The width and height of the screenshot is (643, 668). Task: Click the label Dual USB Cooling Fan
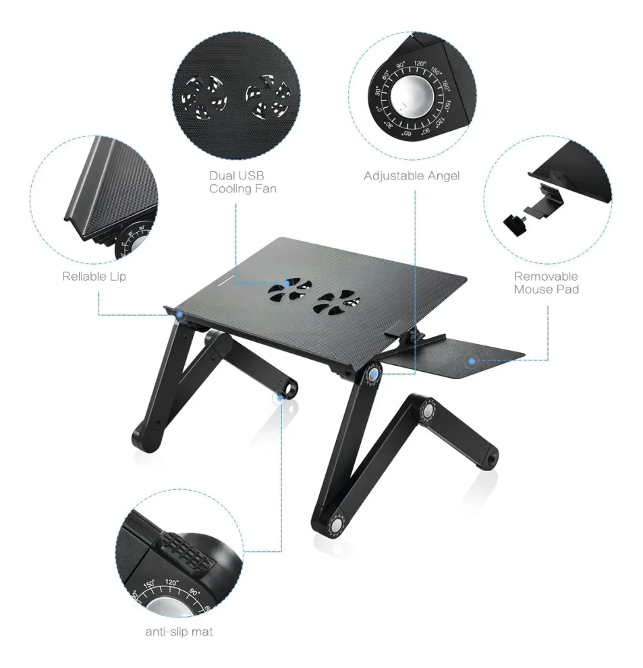(242, 182)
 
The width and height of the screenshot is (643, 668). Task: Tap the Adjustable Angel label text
(412, 176)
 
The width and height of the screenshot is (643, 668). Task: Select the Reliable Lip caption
(94, 277)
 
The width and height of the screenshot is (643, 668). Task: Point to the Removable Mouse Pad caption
(547, 283)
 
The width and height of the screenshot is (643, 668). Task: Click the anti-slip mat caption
(179, 632)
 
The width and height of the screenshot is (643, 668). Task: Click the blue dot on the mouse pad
(472, 361)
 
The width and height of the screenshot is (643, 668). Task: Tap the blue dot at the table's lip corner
(180, 315)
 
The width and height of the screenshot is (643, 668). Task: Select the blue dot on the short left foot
(280, 398)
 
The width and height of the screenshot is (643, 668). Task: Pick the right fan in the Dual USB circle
(268, 96)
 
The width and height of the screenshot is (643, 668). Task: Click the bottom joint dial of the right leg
(336, 524)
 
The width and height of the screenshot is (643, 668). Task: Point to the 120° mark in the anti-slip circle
(172, 582)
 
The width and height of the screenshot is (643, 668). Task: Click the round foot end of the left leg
(147, 437)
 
